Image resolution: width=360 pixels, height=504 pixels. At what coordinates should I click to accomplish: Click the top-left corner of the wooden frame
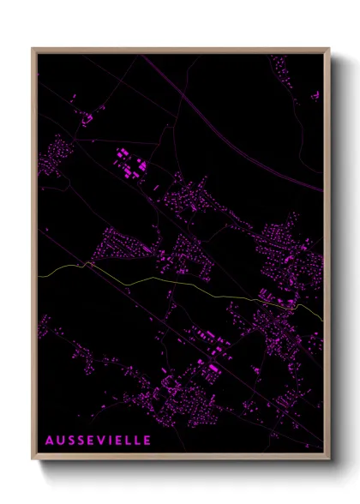[x=33, y=49]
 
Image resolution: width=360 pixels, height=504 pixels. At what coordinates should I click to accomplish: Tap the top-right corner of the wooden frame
[x=328, y=49]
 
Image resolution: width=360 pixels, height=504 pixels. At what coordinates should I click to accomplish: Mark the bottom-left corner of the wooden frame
[x=33, y=459]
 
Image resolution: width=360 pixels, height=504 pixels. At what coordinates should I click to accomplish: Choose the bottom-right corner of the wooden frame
[x=328, y=459]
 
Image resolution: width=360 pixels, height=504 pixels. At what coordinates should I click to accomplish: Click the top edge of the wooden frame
[x=180, y=49]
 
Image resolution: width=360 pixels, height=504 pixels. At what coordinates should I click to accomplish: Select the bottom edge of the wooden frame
[x=180, y=458]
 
